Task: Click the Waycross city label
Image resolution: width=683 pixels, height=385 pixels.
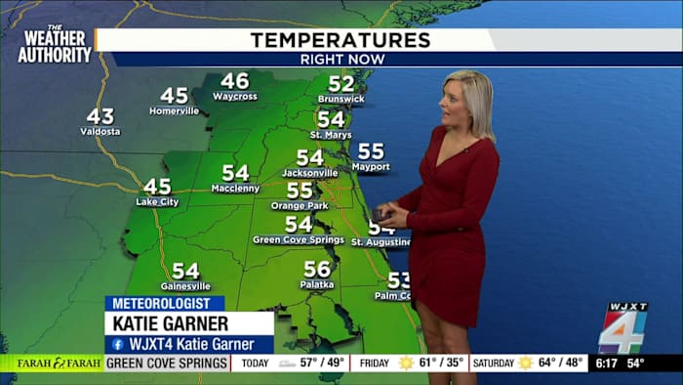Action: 234,97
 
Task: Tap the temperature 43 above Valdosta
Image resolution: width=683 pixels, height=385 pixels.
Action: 100,116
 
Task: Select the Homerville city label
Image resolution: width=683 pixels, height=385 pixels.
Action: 174,110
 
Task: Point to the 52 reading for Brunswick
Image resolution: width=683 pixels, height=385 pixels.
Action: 341,84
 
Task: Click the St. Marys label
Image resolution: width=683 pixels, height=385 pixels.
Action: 331,134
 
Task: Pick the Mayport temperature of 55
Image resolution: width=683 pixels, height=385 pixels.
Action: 371,151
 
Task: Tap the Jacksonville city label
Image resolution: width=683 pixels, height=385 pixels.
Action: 309,173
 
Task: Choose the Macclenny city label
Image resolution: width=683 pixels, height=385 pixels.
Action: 235,188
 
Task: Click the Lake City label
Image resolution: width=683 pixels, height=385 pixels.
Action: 157,202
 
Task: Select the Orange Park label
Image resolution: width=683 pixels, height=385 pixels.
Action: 300,206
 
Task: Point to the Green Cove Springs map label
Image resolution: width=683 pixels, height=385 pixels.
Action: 298,239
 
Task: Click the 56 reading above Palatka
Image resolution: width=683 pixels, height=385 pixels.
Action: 317,269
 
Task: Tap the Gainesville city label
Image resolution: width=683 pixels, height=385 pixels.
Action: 185,286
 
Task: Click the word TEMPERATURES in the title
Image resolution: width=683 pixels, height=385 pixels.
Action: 341,40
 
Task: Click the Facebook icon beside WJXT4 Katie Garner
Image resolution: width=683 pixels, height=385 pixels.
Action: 117,344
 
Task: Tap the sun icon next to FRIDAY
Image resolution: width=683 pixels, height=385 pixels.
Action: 406,364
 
